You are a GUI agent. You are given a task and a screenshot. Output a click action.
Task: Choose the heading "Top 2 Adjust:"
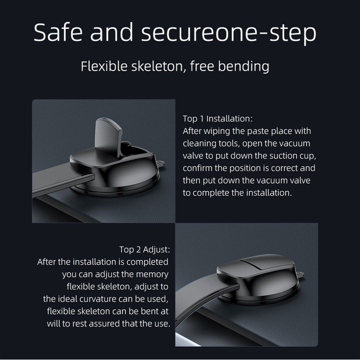click(x=145, y=249)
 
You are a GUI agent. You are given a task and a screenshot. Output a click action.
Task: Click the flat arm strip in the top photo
click(x=62, y=182)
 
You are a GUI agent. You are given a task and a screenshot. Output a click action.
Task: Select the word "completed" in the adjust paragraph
click(x=147, y=262)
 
